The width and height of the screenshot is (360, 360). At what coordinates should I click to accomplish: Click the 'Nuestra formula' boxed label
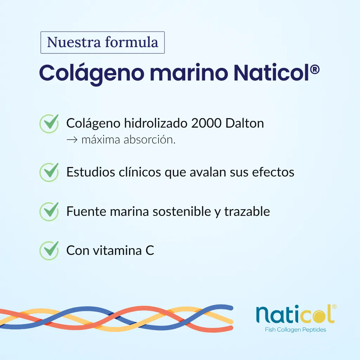click(102, 43)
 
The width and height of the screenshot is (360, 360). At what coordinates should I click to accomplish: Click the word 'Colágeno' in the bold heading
click(92, 73)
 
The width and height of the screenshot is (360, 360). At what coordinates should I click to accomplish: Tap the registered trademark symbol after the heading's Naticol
click(315, 70)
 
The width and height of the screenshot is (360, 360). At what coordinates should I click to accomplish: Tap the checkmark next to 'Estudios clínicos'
click(49, 172)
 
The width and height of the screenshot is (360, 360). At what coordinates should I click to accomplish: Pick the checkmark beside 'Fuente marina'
click(49, 211)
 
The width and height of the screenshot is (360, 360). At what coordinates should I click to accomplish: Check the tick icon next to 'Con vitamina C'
click(49, 250)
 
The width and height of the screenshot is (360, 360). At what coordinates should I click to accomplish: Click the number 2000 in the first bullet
click(206, 123)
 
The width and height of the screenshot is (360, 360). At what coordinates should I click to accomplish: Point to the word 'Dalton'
click(245, 123)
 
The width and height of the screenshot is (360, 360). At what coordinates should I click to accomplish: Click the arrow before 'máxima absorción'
click(72, 140)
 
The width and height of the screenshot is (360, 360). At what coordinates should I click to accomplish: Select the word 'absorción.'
click(149, 140)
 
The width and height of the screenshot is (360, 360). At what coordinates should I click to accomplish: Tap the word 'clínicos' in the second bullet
click(140, 172)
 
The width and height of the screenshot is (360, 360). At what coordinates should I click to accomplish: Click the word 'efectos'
click(273, 172)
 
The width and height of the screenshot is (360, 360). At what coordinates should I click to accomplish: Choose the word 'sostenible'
click(182, 211)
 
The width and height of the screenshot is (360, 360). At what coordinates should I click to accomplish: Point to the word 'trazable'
click(247, 211)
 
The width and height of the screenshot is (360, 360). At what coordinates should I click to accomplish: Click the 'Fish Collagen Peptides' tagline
click(295, 330)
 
